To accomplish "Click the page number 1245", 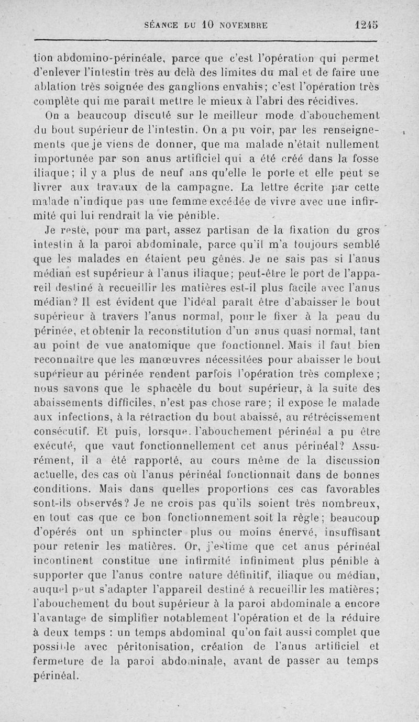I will [x=365, y=25].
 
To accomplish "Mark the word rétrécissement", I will [x=338, y=418].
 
